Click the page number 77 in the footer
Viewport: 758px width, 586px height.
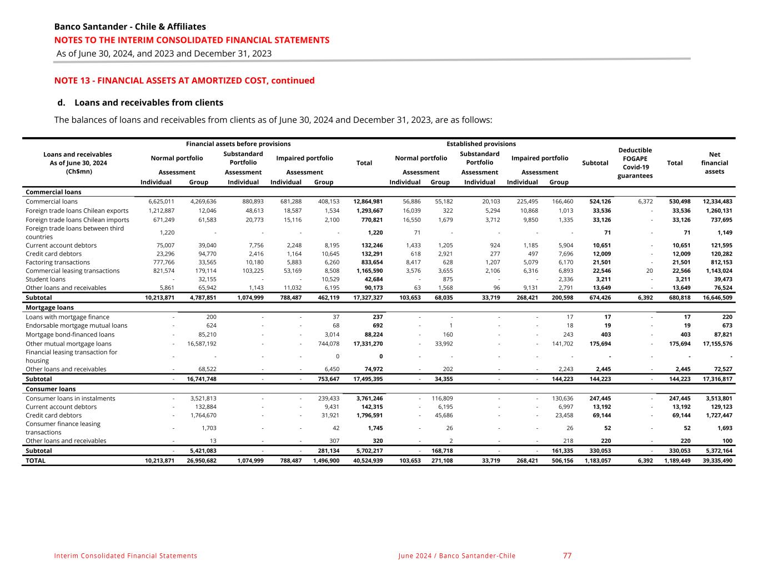[x=567, y=555]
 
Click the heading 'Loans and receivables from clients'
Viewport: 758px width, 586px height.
[x=148, y=103]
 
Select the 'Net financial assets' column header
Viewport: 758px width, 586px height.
[x=714, y=163]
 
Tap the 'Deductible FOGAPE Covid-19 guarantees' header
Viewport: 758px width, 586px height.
[x=635, y=163]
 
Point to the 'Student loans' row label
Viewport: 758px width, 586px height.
[x=46, y=279]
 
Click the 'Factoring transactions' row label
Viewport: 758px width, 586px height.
[x=58, y=262]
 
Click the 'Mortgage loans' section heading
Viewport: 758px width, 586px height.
[x=49, y=308]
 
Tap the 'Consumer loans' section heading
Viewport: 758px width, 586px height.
[x=51, y=389]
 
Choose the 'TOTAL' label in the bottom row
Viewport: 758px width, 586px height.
[x=36, y=460]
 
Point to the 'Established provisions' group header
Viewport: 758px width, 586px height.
[x=481, y=144]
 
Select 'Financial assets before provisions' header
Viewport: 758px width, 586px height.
[x=238, y=144]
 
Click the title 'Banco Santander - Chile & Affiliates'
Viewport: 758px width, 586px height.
[x=130, y=27]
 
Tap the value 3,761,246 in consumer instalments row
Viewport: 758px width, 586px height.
[x=369, y=398]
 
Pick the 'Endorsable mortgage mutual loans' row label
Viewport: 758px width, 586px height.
[x=77, y=325]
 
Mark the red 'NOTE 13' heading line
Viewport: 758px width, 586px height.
[x=184, y=81]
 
